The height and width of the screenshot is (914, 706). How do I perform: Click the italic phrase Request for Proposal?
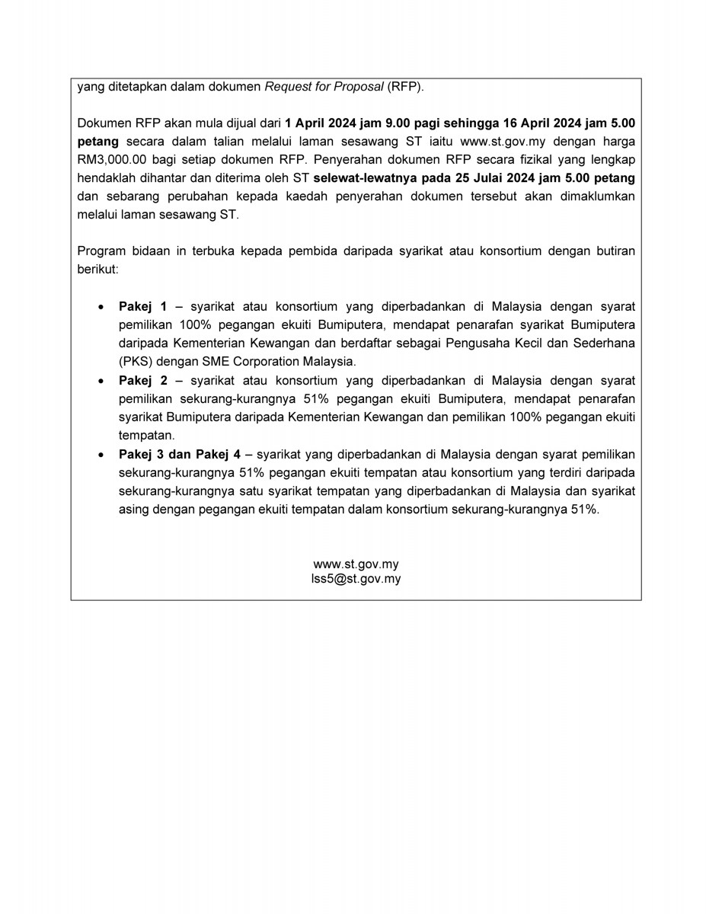(324, 87)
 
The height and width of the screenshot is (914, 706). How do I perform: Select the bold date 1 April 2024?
(319, 123)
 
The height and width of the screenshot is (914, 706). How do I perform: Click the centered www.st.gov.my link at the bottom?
(356, 564)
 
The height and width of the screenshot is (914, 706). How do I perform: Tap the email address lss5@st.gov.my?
(356, 579)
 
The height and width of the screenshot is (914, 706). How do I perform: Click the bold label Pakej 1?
(142, 307)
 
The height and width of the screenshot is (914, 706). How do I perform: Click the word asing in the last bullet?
(134, 510)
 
